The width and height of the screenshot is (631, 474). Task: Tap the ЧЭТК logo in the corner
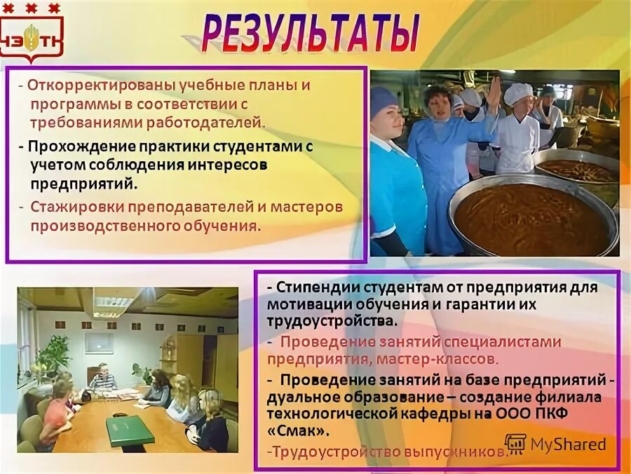31,39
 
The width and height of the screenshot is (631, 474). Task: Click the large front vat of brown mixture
533,218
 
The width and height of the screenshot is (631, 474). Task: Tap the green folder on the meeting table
130,429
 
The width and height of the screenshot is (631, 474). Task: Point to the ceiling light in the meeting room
113,303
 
